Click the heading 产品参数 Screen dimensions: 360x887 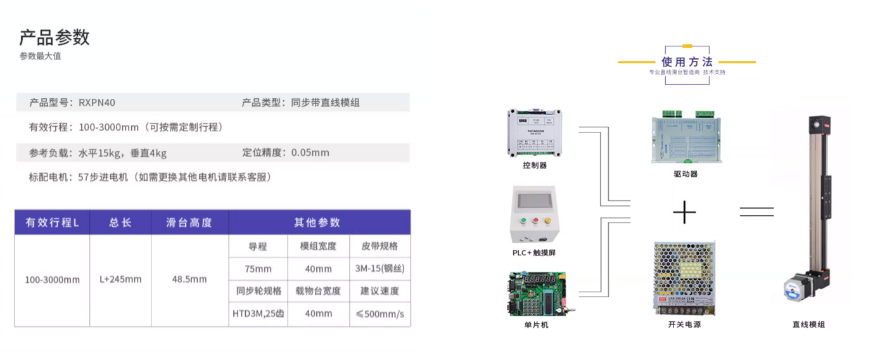click(54, 37)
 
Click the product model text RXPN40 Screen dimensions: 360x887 click(97, 102)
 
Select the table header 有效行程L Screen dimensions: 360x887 click(52, 222)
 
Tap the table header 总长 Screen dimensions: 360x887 click(120, 222)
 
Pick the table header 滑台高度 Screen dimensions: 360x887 click(189, 222)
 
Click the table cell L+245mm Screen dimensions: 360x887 click(120, 280)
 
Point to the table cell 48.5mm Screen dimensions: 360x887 click(189, 280)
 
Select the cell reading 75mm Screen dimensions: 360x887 click(258, 269)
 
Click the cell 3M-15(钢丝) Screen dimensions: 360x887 click(380, 269)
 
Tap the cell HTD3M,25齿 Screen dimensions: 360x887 click(258, 314)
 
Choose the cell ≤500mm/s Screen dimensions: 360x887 click(380, 314)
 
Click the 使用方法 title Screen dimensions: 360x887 click(687, 62)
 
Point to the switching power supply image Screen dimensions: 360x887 click(684, 278)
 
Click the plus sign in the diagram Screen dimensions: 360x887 click(684, 212)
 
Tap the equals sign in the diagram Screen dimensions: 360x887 click(756, 212)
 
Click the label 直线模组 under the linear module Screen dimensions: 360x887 click(808, 325)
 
